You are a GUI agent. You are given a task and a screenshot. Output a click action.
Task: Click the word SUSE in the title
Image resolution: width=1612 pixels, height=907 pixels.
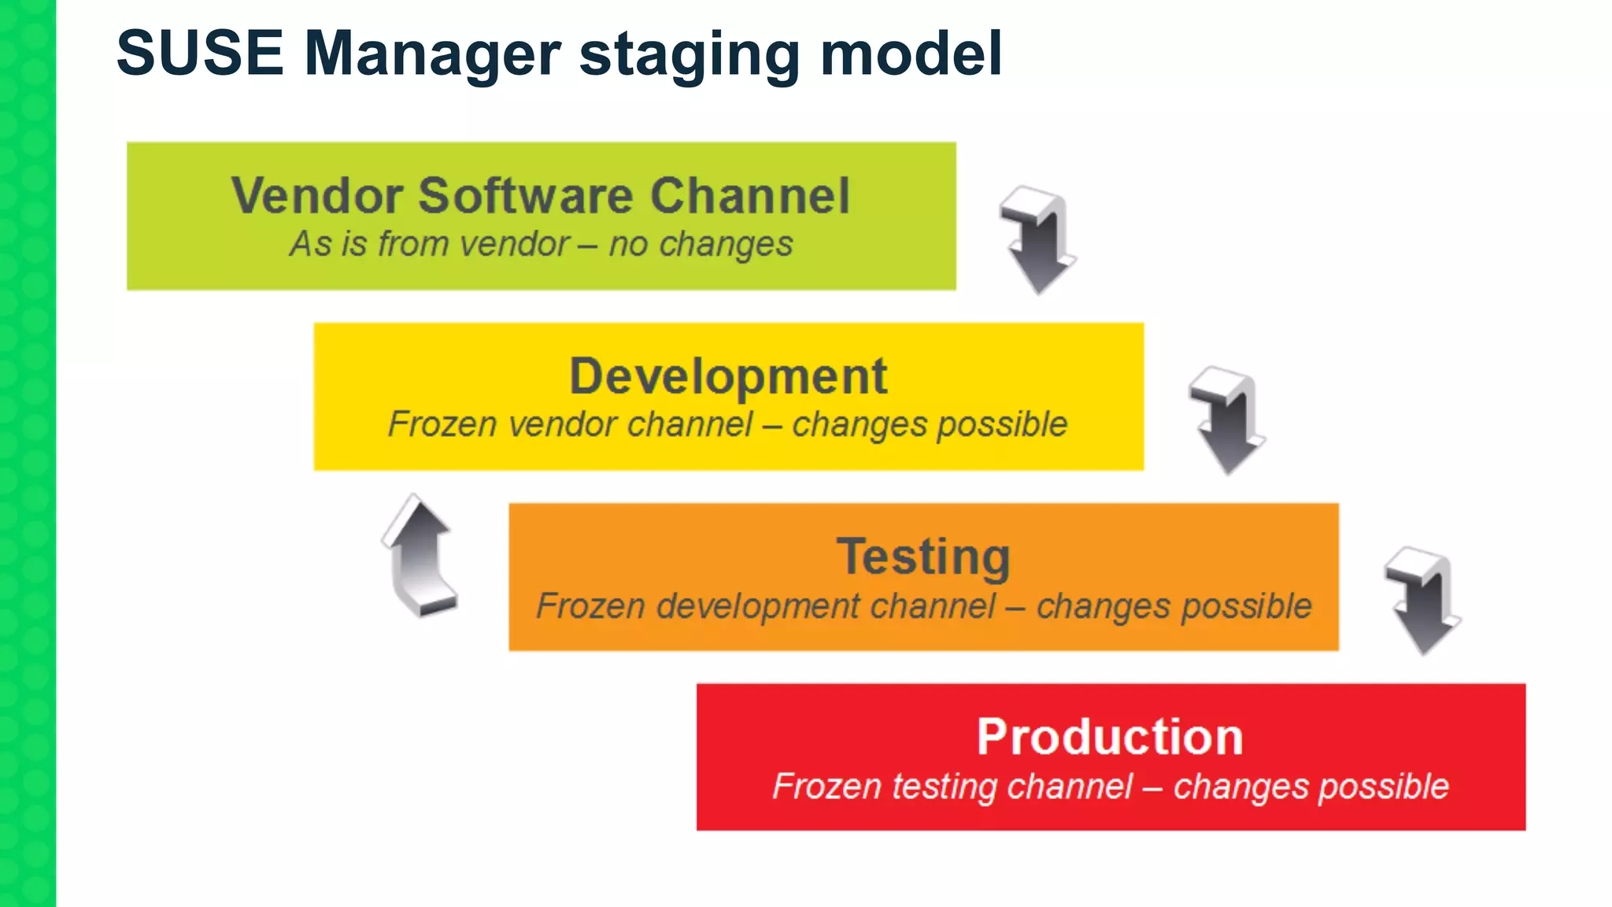tap(200, 54)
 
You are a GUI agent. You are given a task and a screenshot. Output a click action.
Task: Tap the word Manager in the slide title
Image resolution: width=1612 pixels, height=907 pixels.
tap(432, 54)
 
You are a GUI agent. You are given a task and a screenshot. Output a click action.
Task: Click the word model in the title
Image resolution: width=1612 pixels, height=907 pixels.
tap(911, 54)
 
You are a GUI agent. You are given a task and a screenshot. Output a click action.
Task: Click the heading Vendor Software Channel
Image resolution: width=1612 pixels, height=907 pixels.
tap(541, 195)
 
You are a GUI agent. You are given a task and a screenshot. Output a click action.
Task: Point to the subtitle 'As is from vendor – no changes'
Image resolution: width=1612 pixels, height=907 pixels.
tap(541, 244)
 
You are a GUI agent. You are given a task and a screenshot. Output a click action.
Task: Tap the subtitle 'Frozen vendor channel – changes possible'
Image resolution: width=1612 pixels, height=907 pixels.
tap(728, 425)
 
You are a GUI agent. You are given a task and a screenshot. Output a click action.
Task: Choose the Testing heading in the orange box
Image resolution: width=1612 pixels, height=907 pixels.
tap(923, 557)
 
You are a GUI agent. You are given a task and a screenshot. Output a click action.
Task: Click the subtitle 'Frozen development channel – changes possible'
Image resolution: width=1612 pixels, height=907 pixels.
tap(923, 606)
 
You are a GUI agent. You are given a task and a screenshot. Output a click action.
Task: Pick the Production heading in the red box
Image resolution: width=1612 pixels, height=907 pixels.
tap(1110, 737)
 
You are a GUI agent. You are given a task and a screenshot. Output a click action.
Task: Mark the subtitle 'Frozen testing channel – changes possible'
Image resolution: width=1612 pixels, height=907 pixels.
tap(1110, 787)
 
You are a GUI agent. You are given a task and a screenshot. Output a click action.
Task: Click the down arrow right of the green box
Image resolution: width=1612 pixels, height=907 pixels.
tap(1037, 240)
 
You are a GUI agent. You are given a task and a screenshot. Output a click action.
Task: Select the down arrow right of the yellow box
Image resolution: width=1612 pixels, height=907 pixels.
tap(1226, 420)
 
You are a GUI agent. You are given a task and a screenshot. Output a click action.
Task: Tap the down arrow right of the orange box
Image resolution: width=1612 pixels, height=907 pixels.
tap(1422, 601)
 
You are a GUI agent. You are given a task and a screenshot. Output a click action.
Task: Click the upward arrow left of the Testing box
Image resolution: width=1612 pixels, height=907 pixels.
tap(420, 555)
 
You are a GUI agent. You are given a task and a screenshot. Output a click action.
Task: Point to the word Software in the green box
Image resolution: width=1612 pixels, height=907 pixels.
tap(525, 195)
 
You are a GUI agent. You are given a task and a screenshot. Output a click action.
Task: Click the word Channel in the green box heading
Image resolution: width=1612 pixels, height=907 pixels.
tap(750, 195)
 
